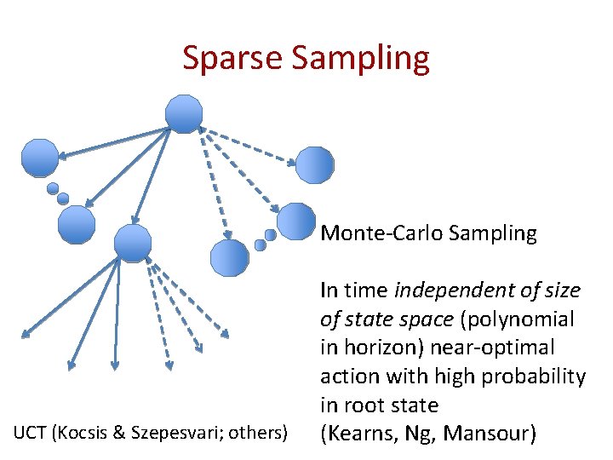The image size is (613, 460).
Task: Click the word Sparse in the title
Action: pyautogui.click(x=232, y=58)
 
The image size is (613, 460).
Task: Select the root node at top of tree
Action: pyautogui.click(x=184, y=114)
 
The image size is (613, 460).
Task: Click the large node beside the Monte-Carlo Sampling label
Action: pyautogui.click(x=296, y=221)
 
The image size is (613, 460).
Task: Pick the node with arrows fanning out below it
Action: pyautogui.click(x=132, y=243)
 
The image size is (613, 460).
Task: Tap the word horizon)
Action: pyautogui.click(x=379, y=348)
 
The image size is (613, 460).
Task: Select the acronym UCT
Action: pyautogui.click(x=30, y=434)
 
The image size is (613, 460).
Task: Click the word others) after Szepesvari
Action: pyautogui.click(x=256, y=434)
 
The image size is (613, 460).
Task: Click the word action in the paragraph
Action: pyautogui.click(x=347, y=377)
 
